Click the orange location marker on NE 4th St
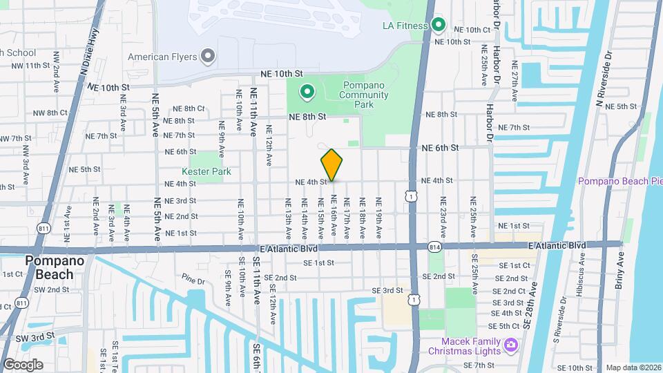coord(331,164)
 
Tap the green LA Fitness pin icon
coord(439,26)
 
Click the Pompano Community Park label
coord(367,95)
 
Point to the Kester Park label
coord(205,171)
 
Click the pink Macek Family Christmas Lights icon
coord(511,344)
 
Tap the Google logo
coord(23,364)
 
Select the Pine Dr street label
coord(194,282)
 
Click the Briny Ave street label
coord(619,269)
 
